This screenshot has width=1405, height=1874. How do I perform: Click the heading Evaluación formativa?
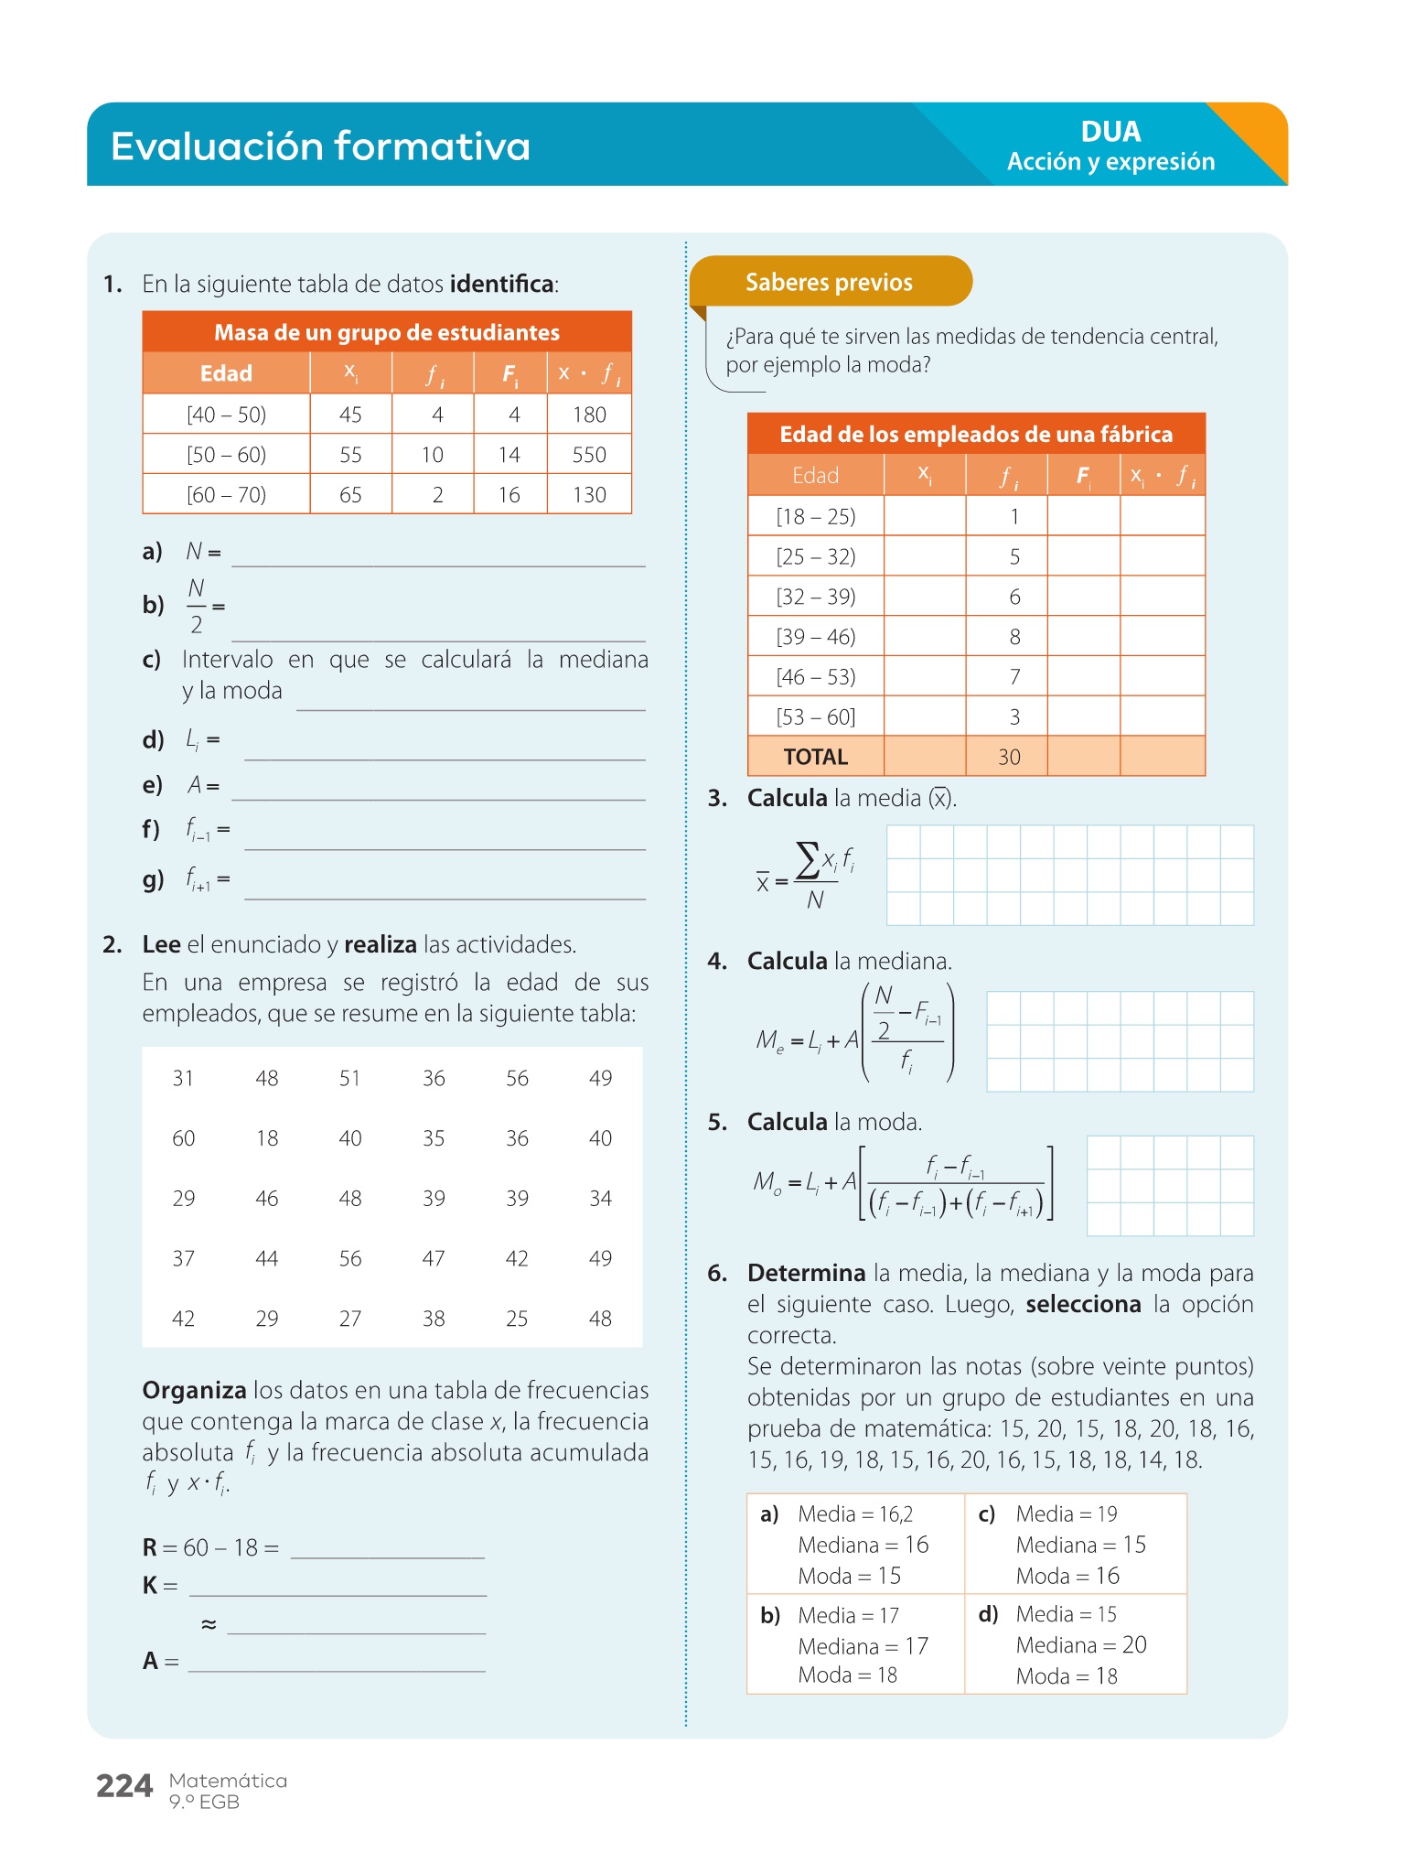320,146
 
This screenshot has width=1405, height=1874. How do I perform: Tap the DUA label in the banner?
1110,132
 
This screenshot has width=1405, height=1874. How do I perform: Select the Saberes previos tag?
829,282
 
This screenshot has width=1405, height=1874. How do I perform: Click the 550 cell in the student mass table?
589,455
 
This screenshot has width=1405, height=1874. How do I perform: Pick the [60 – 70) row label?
226,495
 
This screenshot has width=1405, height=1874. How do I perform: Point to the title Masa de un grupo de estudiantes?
387,332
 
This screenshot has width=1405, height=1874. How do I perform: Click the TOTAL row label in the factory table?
815,757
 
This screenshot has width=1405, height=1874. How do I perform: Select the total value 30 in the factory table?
1009,757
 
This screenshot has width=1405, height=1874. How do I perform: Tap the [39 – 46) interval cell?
815,637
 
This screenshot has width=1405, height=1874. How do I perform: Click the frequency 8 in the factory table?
1014,637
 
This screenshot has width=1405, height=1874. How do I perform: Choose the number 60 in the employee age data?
184,1138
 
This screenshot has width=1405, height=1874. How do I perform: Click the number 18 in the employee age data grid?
267,1138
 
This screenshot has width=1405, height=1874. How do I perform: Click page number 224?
124,1785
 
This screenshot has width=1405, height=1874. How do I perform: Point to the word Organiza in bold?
194,1391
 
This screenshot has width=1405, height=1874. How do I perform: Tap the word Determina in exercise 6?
806,1273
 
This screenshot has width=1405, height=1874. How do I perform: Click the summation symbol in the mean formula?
807,861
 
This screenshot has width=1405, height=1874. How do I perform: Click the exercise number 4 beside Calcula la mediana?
717,961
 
